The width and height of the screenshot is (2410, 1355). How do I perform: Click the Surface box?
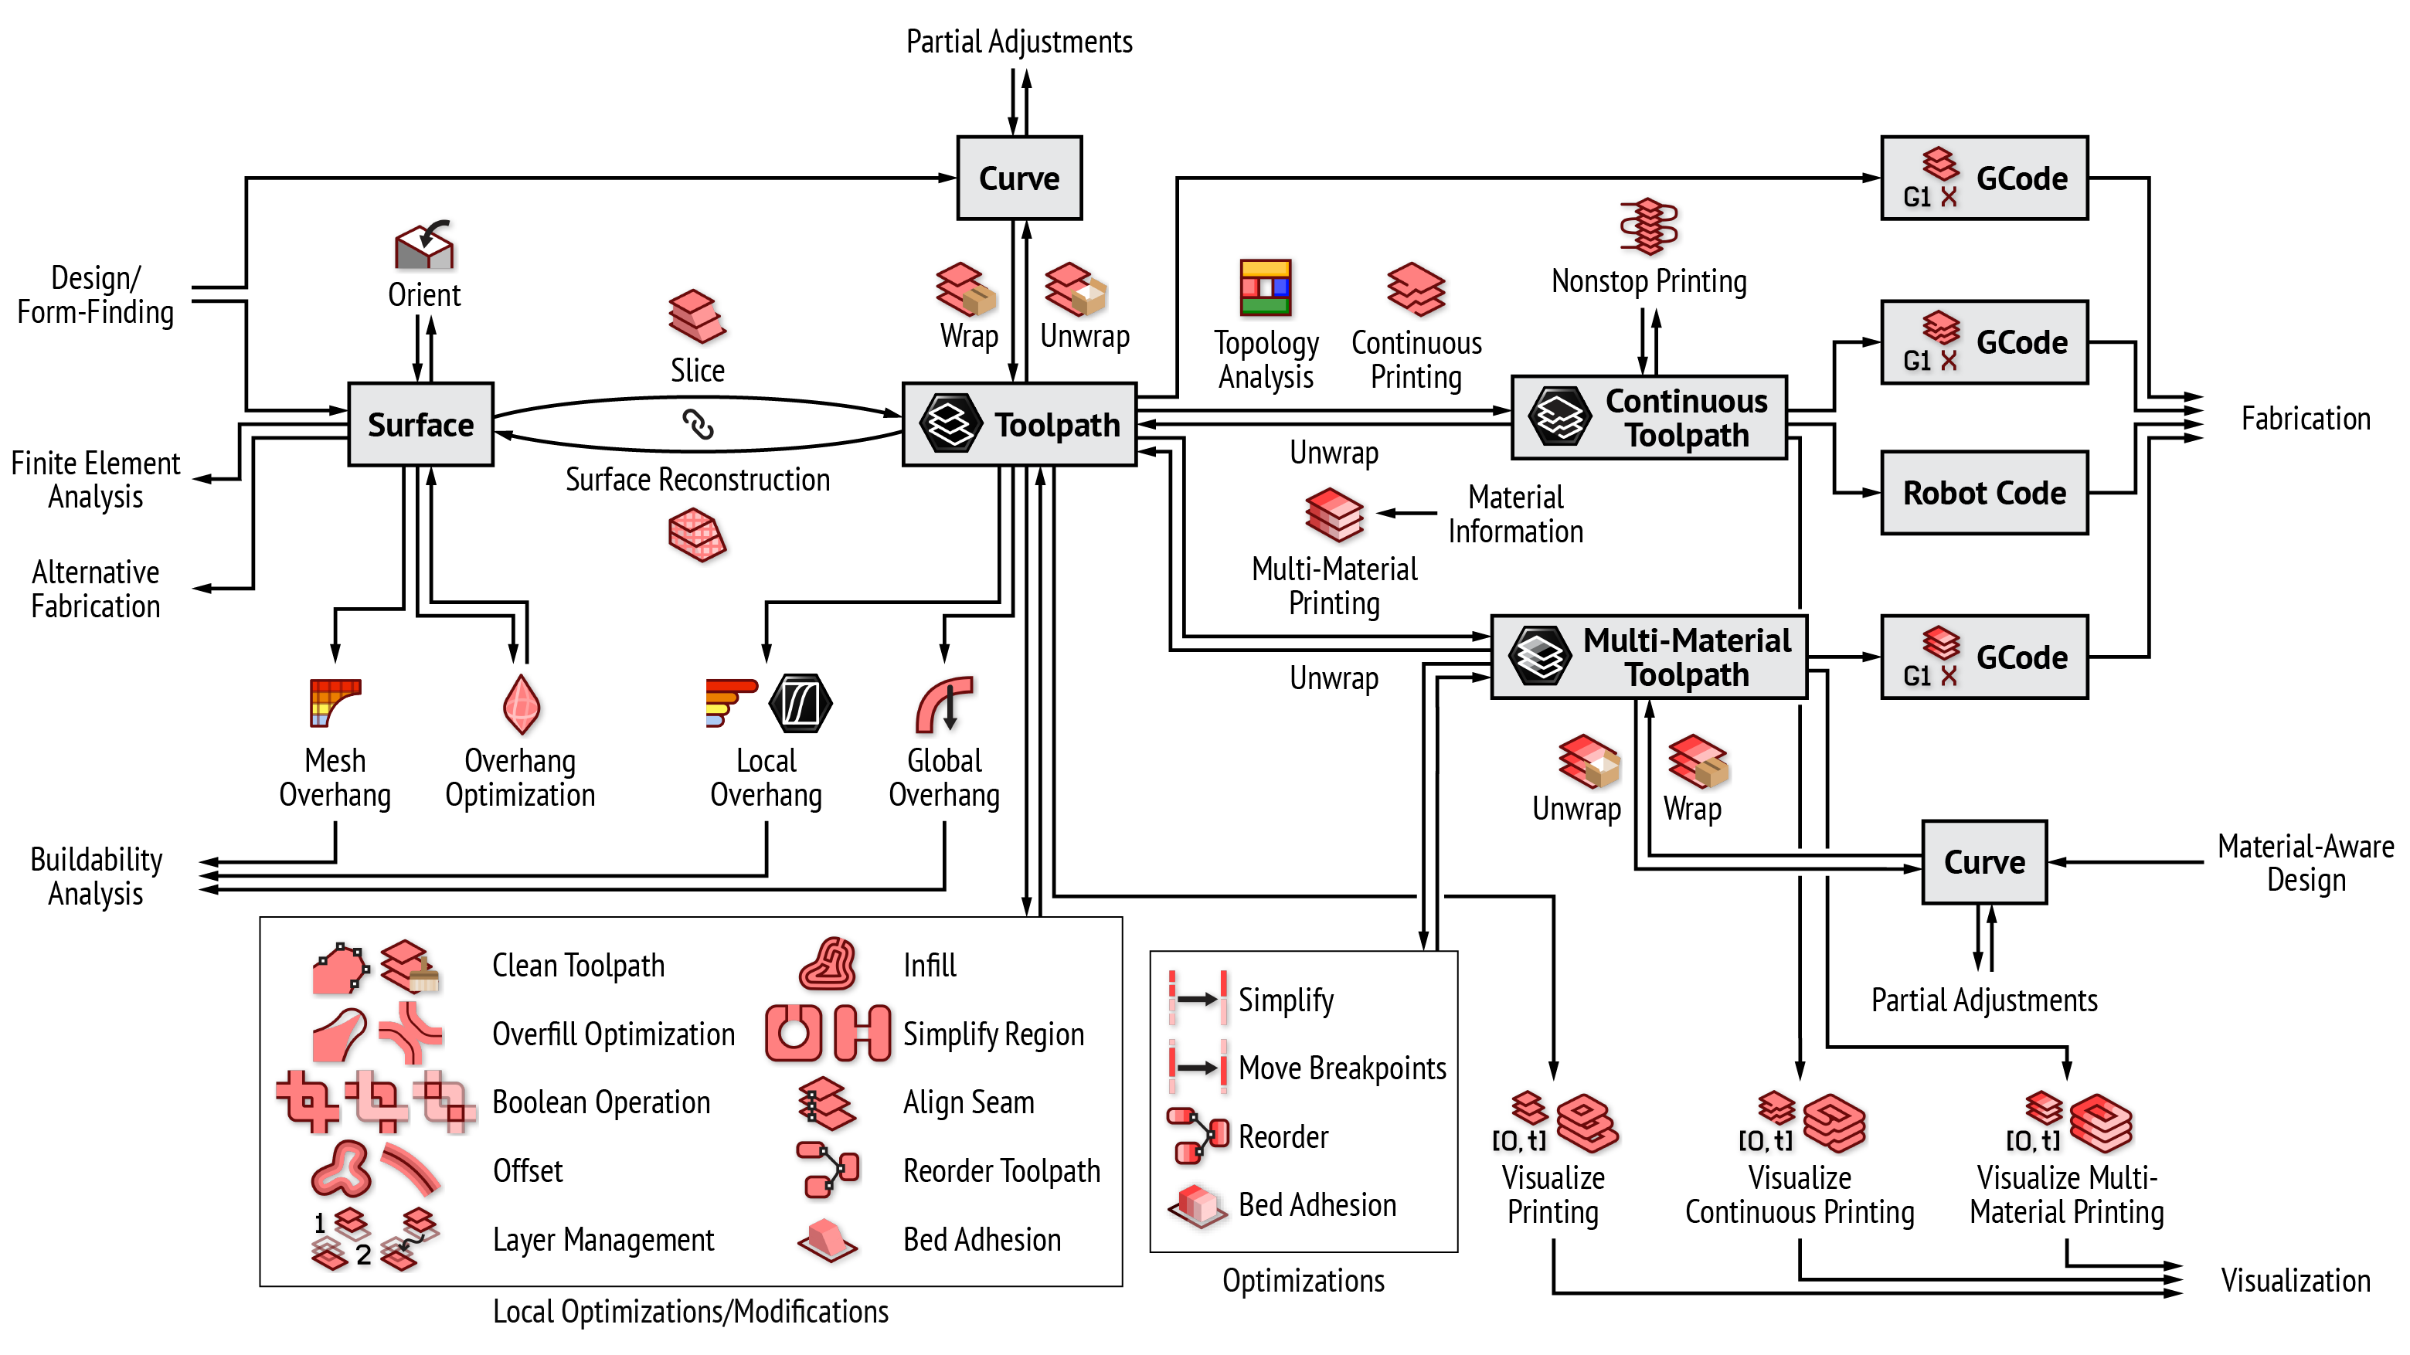coord(420,425)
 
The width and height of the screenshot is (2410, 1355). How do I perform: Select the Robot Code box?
coord(1983,493)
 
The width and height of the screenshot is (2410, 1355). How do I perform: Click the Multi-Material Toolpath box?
coord(1648,657)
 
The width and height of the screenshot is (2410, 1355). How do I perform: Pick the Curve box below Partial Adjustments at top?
coord(1019,178)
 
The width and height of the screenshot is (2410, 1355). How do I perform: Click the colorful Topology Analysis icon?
coord(1265,287)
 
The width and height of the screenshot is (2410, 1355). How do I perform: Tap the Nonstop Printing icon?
coord(1648,226)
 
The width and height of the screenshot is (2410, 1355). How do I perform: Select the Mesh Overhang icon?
coord(334,703)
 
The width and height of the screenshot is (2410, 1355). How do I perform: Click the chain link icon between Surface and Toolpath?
coord(698,425)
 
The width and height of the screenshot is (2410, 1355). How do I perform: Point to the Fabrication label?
coord(2305,419)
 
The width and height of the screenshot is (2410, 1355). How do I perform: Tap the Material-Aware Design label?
coord(2305,863)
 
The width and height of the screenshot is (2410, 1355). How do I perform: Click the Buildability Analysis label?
coord(96,876)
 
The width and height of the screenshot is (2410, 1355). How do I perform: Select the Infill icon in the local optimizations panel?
coord(827,964)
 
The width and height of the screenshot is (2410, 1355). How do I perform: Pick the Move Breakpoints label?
coord(1341,1068)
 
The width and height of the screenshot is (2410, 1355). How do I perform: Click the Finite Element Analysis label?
coord(96,480)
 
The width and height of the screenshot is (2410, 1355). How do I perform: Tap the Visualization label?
coord(2295,1280)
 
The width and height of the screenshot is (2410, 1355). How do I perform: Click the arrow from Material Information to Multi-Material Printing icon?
coord(1406,512)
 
